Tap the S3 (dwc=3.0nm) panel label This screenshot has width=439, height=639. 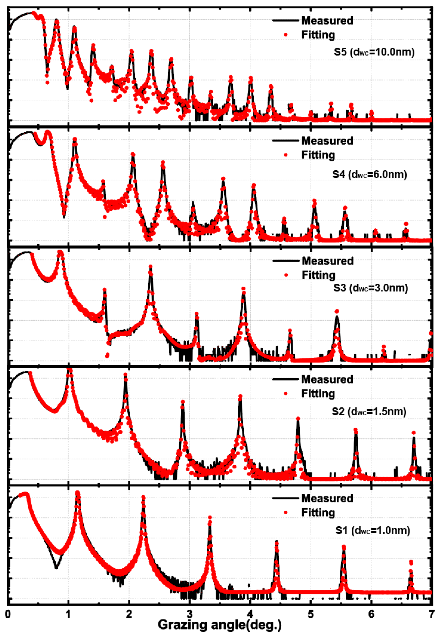click(x=371, y=288)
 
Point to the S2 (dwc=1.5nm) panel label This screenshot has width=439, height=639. click(x=369, y=411)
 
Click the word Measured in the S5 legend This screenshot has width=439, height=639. click(x=327, y=21)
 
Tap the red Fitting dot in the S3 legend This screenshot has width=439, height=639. click(x=286, y=275)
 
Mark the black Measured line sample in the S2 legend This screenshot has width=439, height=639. click(x=286, y=379)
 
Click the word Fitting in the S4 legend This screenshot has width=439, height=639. click(x=318, y=155)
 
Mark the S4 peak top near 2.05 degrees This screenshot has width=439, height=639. click(x=133, y=155)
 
